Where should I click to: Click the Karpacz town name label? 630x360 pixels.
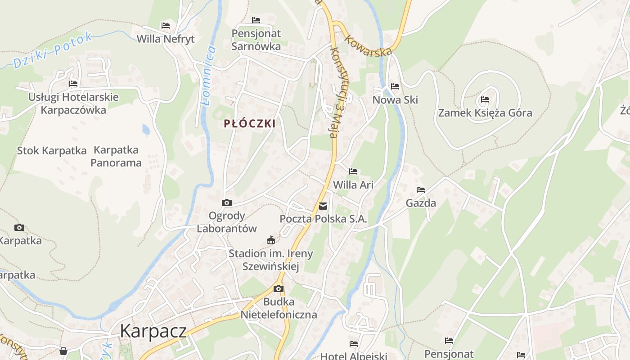point(153,331)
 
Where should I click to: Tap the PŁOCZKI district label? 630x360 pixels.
point(250,124)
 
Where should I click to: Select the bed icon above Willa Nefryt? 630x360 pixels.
point(166,26)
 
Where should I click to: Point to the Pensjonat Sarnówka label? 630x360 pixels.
point(256,40)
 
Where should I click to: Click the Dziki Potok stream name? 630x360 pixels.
point(53,50)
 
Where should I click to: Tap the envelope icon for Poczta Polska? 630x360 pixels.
point(323,206)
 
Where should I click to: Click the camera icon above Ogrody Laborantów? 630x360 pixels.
point(227,203)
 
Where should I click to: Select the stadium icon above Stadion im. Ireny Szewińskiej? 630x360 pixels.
point(270,240)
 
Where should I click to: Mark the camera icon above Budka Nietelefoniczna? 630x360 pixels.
point(279,288)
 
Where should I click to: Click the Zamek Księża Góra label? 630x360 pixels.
point(485,112)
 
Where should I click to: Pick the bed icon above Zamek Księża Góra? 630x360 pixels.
point(485,99)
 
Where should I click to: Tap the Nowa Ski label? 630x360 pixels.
point(395,99)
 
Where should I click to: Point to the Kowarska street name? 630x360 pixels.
point(368,45)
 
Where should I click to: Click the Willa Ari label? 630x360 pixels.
point(353,184)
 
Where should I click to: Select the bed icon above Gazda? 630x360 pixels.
point(421,190)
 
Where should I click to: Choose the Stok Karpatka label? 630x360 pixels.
point(52,151)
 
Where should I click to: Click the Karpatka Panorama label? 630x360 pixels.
point(116,156)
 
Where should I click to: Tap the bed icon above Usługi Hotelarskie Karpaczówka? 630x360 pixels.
point(73,84)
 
